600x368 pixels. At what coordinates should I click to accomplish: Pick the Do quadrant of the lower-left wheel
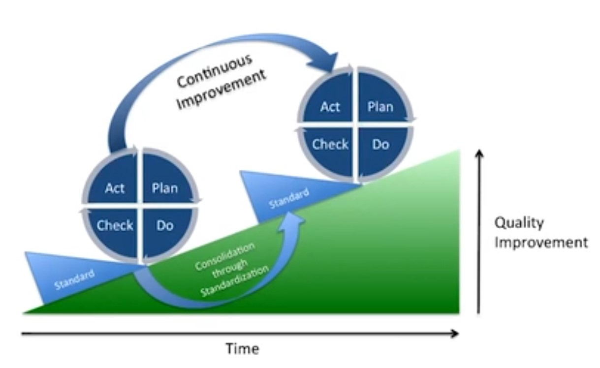[165, 230]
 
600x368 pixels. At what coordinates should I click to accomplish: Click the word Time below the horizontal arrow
[243, 348]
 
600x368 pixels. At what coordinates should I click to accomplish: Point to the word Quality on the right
[519, 223]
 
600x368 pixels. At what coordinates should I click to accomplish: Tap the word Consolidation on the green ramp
[224, 256]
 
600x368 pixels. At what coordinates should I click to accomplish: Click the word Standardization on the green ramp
[235, 281]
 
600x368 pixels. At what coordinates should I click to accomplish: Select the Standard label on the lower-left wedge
[74, 279]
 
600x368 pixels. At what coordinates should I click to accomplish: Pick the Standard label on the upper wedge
[289, 198]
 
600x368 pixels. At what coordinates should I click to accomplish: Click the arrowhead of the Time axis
[455, 334]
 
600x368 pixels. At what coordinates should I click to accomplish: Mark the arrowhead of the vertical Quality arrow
[479, 153]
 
